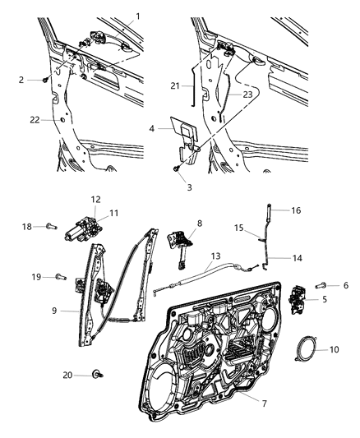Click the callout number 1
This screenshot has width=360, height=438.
(137, 16)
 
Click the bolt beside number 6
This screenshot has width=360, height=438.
(321, 285)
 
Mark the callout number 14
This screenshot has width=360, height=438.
(298, 258)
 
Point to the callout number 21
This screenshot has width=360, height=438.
(175, 85)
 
